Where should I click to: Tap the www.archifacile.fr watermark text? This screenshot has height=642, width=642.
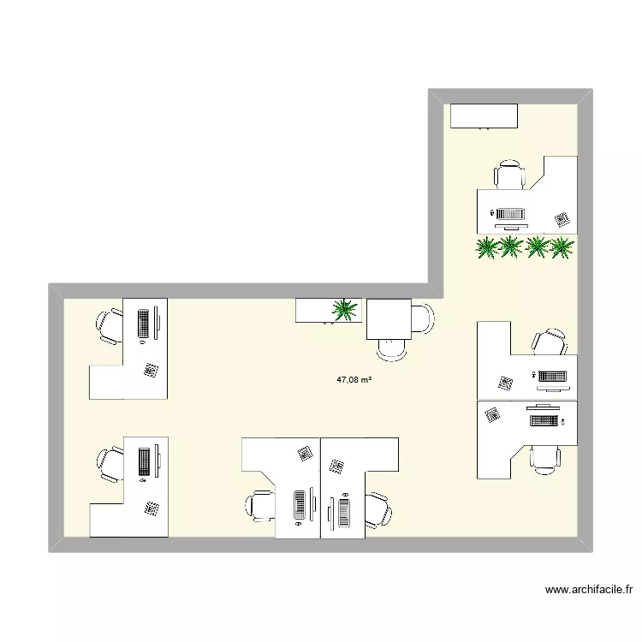591,589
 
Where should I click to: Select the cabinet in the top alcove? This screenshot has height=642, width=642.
484,116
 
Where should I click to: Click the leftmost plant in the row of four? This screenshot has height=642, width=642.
487,247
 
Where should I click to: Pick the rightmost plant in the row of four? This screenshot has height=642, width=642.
562,247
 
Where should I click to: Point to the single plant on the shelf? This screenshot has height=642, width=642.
346,309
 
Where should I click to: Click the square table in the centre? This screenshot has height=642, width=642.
389,318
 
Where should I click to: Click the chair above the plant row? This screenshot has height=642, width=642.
509,175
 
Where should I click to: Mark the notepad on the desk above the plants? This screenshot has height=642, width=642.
562,219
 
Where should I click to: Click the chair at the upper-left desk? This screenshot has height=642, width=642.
110,325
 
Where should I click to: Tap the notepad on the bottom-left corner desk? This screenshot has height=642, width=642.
152,508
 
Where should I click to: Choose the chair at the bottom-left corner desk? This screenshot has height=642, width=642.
110,465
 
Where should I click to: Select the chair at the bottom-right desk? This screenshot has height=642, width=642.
544,458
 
